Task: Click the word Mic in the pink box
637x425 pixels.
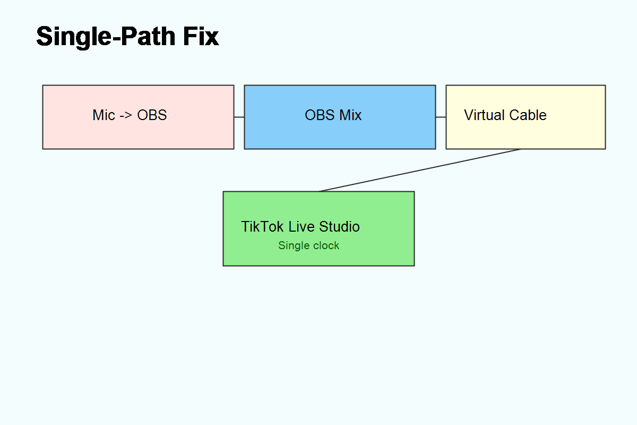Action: pos(104,115)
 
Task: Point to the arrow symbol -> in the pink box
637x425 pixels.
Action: pos(126,115)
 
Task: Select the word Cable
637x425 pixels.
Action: pos(528,115)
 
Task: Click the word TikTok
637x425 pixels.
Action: pos(263,227)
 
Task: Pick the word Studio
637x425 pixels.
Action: pos(340,227)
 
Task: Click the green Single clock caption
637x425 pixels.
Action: pos(308,245)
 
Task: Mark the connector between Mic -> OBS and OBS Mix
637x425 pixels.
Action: pos(239,117)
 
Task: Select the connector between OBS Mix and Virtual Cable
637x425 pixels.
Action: pos(441,117)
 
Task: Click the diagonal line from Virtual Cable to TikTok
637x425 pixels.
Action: pos(419,170)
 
